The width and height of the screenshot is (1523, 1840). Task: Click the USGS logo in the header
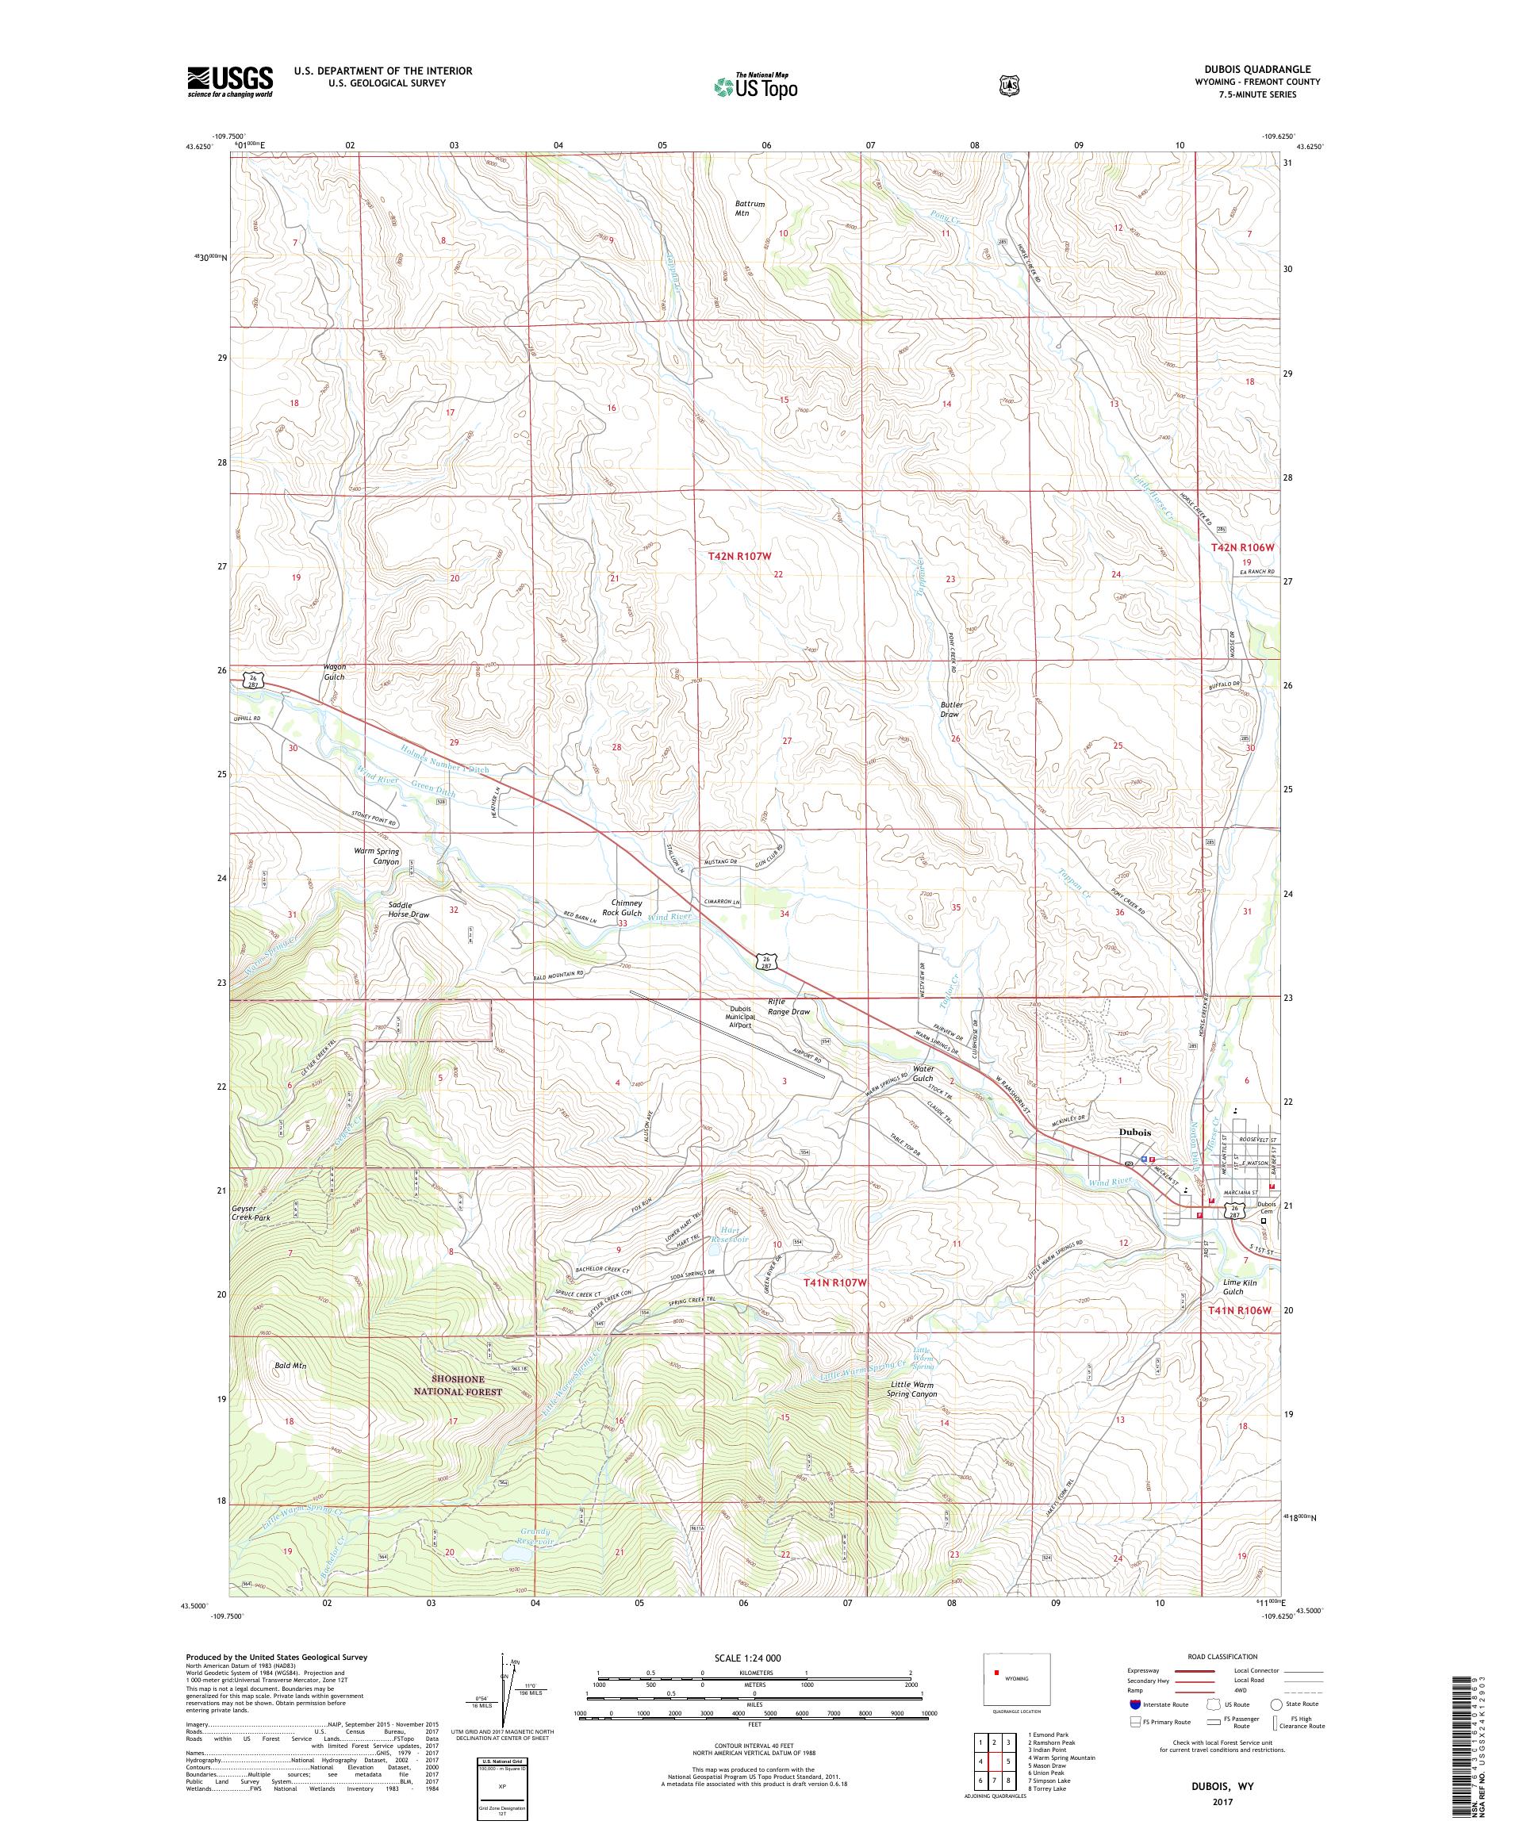click(229, 82)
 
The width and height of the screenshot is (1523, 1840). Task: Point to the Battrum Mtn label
click(750, 208)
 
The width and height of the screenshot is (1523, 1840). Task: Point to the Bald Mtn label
click(290, 1390)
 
